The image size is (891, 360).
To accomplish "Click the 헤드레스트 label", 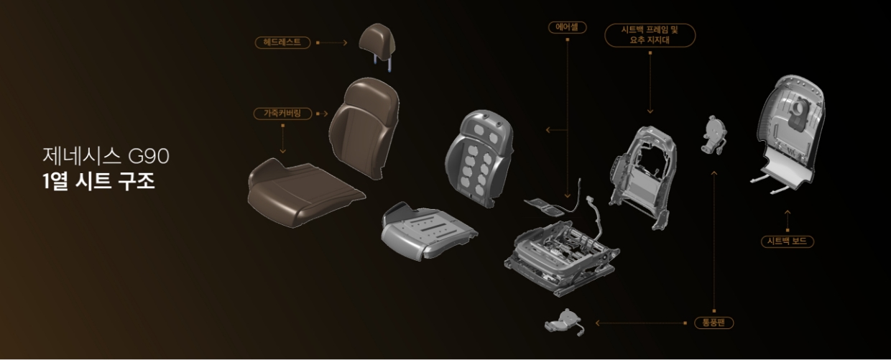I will point(283,42).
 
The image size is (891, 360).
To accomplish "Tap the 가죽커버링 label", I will point(282,114).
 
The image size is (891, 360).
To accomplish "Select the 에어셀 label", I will point(567,27).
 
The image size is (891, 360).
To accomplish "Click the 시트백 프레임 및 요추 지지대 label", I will point(650,35).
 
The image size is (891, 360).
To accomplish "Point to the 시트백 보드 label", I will point(787,241).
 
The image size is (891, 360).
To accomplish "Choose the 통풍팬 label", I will point(714,323).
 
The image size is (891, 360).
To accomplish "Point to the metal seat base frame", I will point(560,251).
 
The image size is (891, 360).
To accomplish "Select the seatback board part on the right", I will point(790,133).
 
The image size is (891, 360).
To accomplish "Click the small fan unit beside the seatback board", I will point(714,134).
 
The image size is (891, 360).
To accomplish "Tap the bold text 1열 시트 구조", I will point(98,180).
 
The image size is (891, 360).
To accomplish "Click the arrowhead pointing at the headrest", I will point(346,42).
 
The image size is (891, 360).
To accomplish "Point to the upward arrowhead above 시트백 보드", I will point(787,212).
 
